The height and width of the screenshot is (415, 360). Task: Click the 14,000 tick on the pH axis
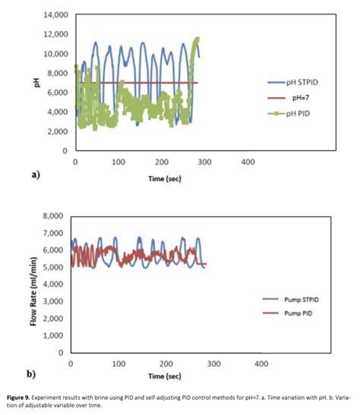tap(54, 15)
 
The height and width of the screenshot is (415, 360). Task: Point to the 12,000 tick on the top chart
tap(54, 35)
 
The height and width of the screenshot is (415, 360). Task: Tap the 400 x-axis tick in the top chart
tap(248, 162)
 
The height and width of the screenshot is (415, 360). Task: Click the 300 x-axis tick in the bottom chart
tap(213, 364)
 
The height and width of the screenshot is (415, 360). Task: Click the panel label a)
tap(34, 174)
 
